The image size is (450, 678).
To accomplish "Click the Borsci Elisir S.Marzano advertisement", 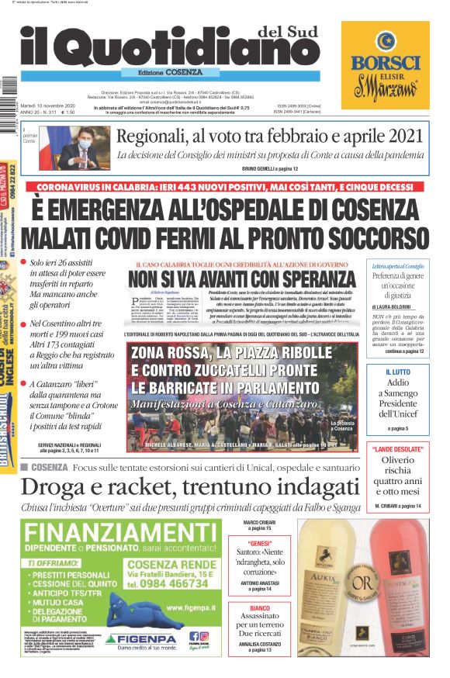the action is click(385, 66).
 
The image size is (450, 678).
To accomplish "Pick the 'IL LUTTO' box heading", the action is click(397, 372).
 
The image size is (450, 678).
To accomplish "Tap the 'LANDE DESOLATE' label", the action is click(396, 450).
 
